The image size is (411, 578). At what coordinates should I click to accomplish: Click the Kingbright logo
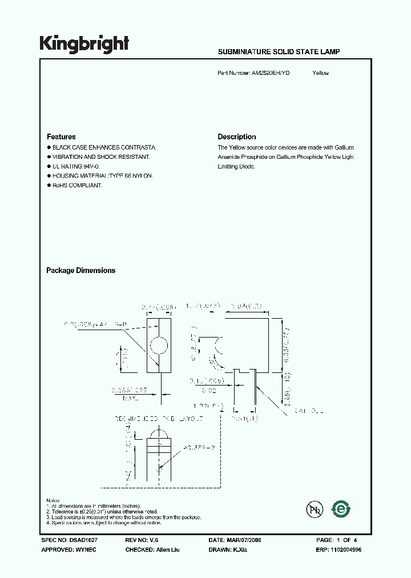[x=84, y=44]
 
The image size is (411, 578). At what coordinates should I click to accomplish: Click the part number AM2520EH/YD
[x=270, y=73]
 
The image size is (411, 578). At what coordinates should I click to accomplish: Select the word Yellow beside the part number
[x=320, y=73]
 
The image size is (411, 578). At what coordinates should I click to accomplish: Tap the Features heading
[x=61, y=137]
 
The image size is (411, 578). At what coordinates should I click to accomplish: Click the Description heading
[x=236, y=137]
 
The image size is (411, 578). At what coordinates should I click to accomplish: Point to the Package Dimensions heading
[x=80, y=271]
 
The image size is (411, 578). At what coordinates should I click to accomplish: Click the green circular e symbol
[x=341, y=509]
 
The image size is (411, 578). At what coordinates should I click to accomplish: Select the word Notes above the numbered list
[x=53, y=501]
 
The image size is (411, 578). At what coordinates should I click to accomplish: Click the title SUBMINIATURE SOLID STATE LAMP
[x=279, y=51]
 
